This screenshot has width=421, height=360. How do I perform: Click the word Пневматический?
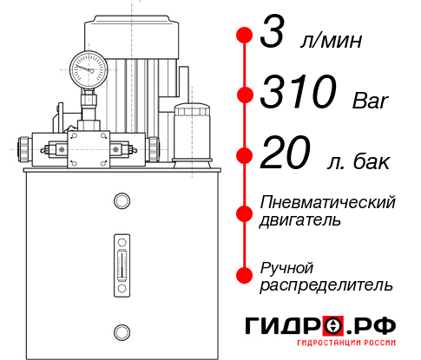point(328,202)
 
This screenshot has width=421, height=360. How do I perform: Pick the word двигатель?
point(300,220)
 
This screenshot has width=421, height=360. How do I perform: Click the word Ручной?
point(286,265)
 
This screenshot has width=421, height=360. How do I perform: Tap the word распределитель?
point(326,284)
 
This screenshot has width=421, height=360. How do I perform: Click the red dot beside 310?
point(246,94)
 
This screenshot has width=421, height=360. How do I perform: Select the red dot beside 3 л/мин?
point(246,36)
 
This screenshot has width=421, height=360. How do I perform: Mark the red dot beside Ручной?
point(246,274)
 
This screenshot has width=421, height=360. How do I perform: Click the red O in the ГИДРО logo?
point(333,327)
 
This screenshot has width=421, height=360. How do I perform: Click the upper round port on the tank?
point(122,201)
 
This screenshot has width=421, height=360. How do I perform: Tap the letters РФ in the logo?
point(375,326)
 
